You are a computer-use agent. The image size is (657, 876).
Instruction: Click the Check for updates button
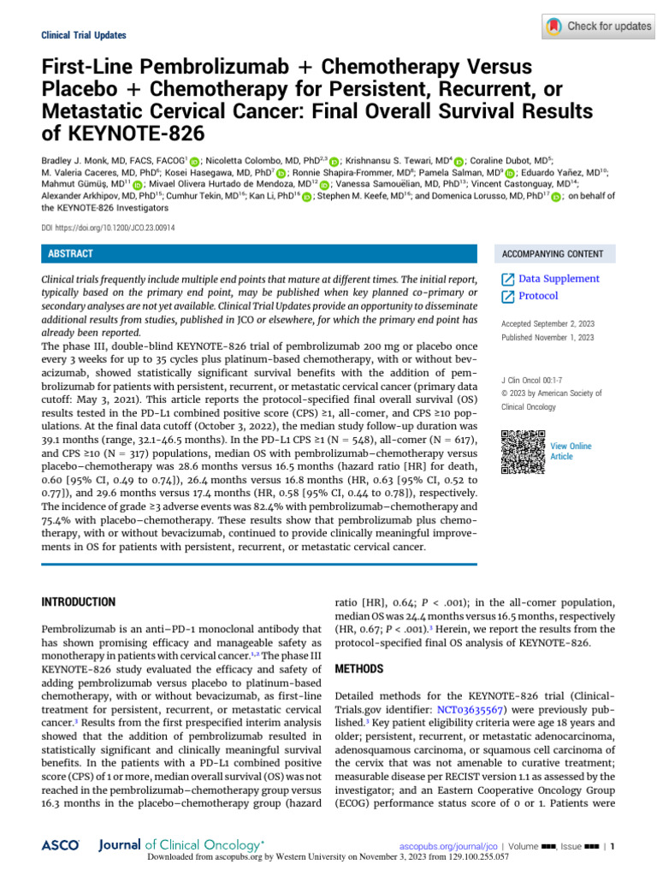tap(598, 27)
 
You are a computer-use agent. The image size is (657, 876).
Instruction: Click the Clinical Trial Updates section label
tap(84, 36)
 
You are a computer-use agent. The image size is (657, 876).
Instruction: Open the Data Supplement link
tap(559, 279)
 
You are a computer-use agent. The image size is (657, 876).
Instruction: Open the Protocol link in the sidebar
tap(538, 296)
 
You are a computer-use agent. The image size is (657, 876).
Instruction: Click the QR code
tap(521, 452)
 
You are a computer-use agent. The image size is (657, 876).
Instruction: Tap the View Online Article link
tap(570, 452)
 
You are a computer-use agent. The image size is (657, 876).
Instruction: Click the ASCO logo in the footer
tap(60, 844)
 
